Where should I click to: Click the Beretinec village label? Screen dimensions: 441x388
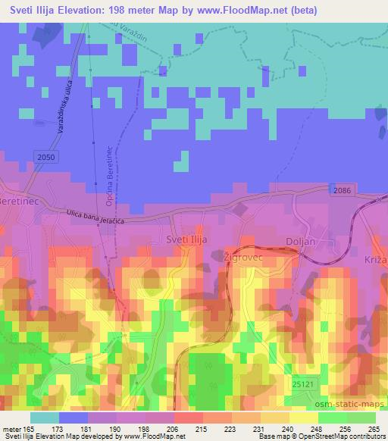[14, 204]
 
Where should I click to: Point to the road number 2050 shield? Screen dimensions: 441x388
[45, 156]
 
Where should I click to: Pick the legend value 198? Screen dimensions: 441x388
[157, 429]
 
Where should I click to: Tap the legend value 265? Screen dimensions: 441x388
[373, 429]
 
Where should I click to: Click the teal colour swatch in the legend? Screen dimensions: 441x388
[44, 418]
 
